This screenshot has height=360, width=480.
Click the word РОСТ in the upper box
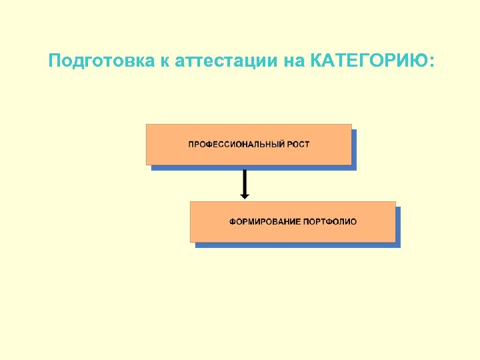[299, 144]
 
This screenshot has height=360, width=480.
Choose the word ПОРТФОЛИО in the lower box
[330, 221]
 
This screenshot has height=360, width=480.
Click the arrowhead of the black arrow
[245, 195]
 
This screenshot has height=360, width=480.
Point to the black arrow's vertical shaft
[245, 180]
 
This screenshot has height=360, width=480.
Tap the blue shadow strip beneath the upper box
[253, 167]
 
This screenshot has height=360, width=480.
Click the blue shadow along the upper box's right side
[354, 149]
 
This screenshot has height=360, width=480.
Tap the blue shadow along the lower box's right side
[398, 227]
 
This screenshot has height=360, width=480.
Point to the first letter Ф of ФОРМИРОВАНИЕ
[233, 221]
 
